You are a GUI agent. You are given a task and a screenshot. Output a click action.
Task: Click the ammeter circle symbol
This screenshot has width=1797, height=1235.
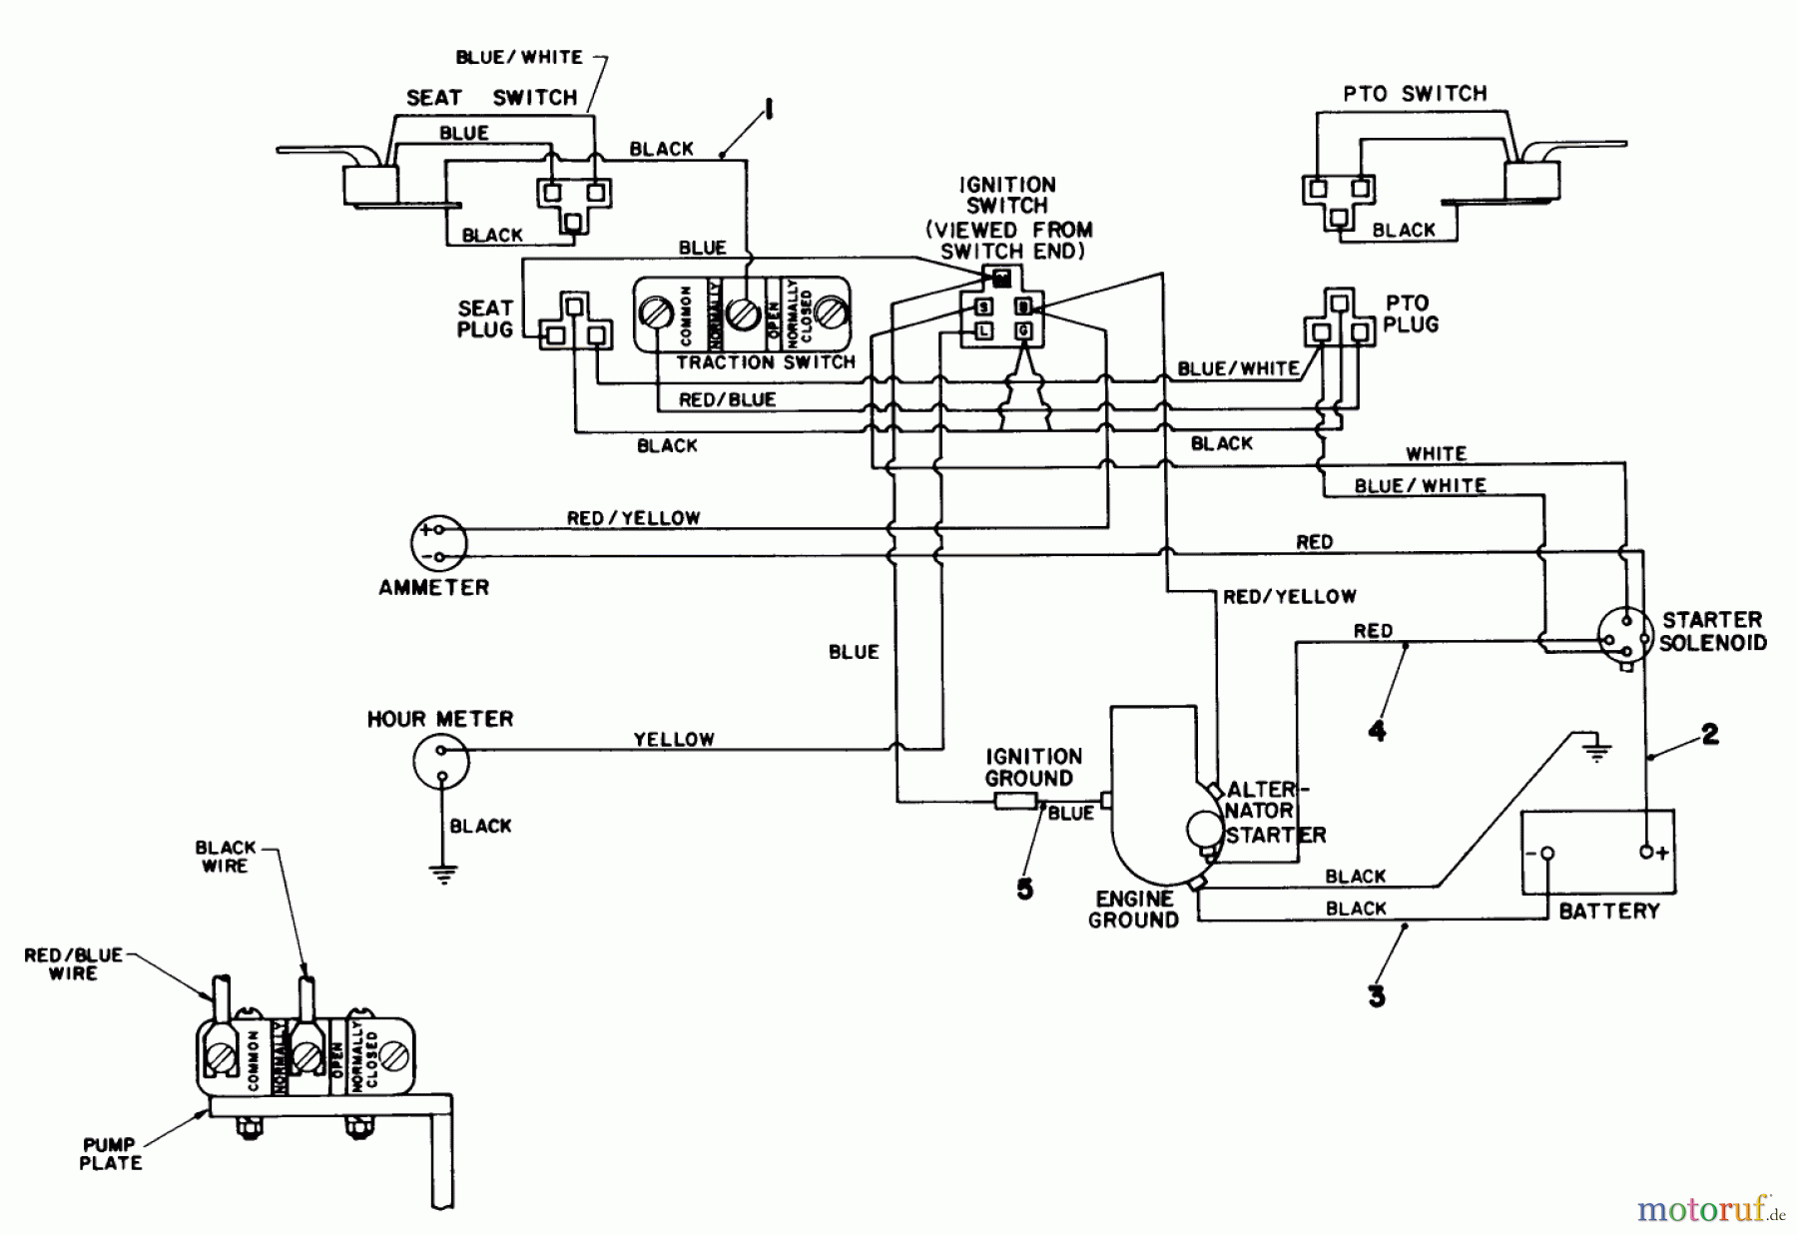click(x=438, y=543)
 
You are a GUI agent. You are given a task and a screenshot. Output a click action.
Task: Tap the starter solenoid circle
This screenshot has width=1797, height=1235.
click(x=1624, y=636)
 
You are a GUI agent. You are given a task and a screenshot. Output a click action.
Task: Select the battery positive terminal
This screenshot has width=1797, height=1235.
click(x=1646, y=852)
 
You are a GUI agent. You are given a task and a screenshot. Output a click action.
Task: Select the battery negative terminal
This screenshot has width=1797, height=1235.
click(x=1546, y=854)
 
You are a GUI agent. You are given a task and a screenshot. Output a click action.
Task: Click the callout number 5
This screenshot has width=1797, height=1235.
click(x=1024, y=889)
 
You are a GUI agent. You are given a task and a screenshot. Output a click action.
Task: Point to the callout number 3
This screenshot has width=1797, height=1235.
click(x=1377, y=995)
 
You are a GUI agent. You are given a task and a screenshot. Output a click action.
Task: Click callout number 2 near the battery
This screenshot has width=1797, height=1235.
click(x=1710, y=734)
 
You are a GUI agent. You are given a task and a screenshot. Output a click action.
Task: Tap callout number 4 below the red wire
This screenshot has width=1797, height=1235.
click(x=1377, y=731)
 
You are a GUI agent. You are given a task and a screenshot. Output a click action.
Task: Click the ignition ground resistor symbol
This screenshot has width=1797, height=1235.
click(x=1015, y=801)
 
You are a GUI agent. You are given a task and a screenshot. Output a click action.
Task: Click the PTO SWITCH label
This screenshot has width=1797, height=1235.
click(x=1415, y=94)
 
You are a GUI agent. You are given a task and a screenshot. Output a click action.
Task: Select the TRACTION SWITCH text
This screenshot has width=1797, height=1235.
click(x=765, y=362)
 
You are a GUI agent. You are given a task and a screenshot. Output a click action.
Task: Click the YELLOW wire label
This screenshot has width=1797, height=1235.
click(x=674, y=740)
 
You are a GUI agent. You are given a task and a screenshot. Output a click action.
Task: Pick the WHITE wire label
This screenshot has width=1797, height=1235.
click(x=1436, y=454)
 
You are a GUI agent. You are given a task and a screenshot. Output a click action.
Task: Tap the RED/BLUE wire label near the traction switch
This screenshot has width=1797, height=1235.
click(x=727, y=400)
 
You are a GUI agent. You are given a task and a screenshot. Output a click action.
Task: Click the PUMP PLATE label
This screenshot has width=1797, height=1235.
click(x=110, y=1153)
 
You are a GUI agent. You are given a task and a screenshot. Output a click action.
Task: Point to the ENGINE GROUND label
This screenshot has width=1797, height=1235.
click(x=1133, y=910)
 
